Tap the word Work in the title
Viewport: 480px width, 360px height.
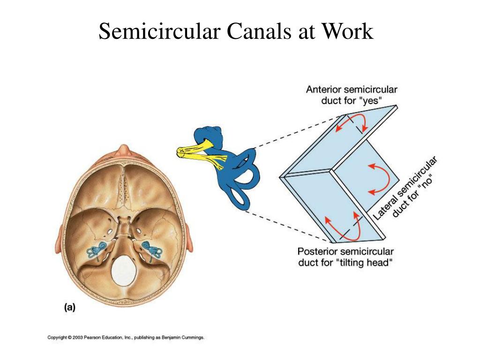pyautogui.click(x=347, y=31)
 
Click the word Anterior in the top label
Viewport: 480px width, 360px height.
pyautogui.click(x=323, y=90)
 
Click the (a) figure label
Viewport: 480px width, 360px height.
pyautogui.click(x=69, y=307)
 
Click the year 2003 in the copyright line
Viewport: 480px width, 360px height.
pyautogui.click(x=78, y=337)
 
